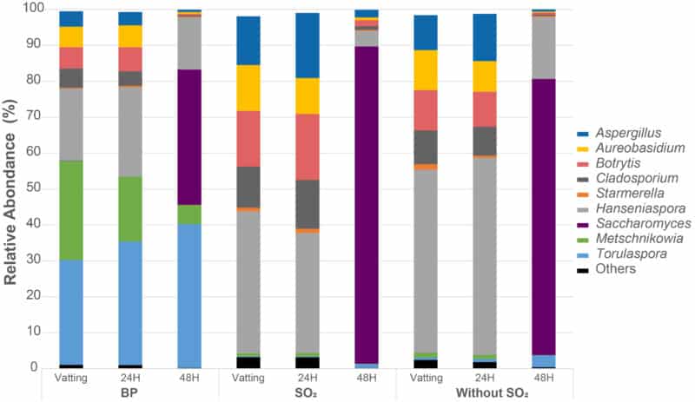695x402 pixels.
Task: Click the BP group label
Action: coord(130,393)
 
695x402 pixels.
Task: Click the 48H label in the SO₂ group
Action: coord(367,379)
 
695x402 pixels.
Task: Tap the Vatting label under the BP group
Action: coord(71,379)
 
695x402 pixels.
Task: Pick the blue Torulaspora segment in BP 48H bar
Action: coord(189,295)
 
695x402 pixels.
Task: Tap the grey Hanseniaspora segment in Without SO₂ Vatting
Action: coord(426,260)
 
